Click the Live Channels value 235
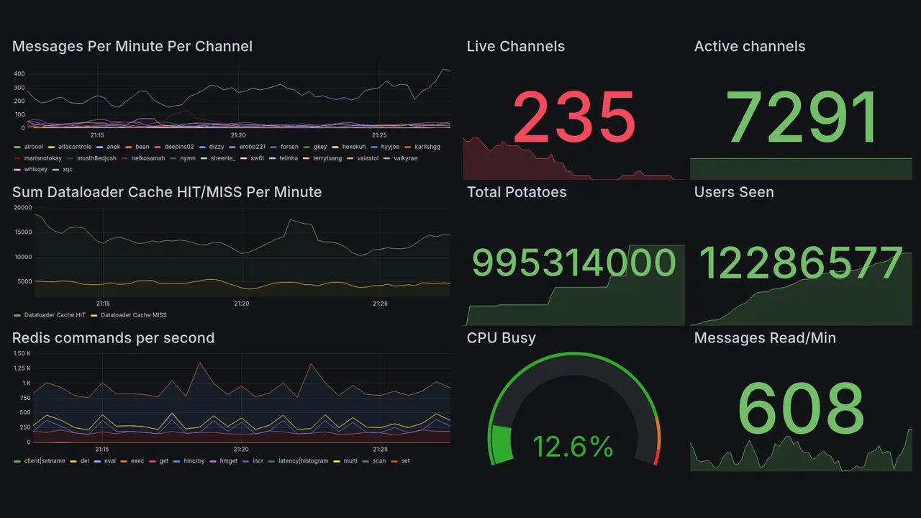(573, 117)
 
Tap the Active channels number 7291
(802, 117)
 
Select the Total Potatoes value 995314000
(573, 263)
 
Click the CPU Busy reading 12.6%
(573, 447)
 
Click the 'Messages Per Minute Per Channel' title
(132, 47)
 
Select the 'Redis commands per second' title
(114, 338)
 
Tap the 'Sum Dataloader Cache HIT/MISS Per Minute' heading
(167, 192)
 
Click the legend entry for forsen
(289, 147)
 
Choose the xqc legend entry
(68, 170)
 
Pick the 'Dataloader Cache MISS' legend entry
(133, 315)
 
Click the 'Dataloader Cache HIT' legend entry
(55, 315)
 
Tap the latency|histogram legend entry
(303, 461)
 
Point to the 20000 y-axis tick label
(23, 208)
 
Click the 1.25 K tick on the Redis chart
(22, 368)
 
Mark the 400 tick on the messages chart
(19, 74)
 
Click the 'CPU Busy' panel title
(501, 338)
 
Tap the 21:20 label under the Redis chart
(242, 450)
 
